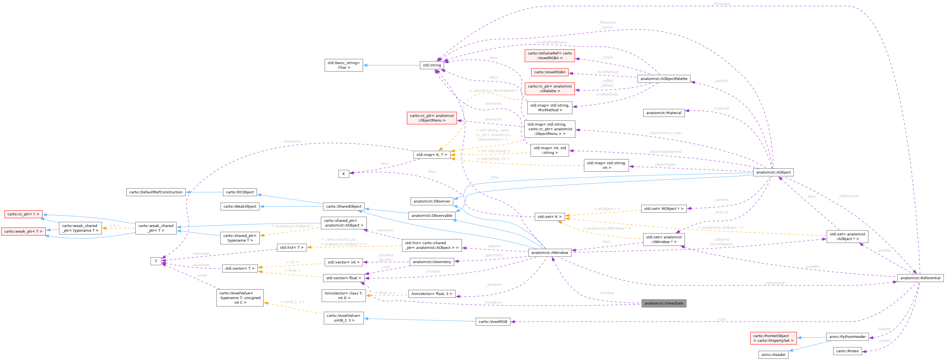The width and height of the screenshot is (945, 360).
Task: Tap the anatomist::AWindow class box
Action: click(x=549, y=252)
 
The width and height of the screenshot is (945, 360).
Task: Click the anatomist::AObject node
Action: click(x=773, y=172)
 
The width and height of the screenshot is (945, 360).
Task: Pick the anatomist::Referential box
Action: click(x=920, y=278)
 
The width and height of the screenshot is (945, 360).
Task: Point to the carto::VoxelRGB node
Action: click(x=493, y=321)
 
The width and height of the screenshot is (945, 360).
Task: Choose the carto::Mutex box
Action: click(x=847, y=351)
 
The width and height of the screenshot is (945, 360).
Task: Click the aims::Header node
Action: click(x=773, y=354)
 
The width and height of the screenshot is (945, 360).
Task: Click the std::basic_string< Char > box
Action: click(x=343, y=65)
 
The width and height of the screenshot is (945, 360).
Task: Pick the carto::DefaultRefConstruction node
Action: click(x=156, y=192)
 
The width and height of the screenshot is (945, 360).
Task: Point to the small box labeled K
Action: click(x=343, y=174)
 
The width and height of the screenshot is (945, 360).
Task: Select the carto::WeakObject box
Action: click(x=240, y=206)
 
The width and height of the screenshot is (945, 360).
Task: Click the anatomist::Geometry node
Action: click(x=431, y=262)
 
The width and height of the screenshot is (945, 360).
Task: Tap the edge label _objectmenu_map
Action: click(x=665, y=133)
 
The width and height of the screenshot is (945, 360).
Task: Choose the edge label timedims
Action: click(x=493, y=302)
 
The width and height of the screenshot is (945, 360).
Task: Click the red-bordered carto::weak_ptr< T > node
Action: click(x=23, y=231)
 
